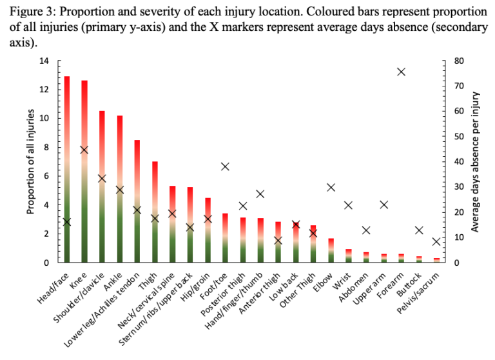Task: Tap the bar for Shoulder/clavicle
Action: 102,187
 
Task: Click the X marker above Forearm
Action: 401,72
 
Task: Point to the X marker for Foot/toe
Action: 226,166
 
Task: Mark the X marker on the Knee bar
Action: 84,150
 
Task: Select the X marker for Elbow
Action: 331,187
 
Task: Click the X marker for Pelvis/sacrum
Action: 436,242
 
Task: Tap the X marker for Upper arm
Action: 383,205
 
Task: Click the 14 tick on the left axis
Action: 44,61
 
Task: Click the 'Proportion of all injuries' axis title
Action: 30,162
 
